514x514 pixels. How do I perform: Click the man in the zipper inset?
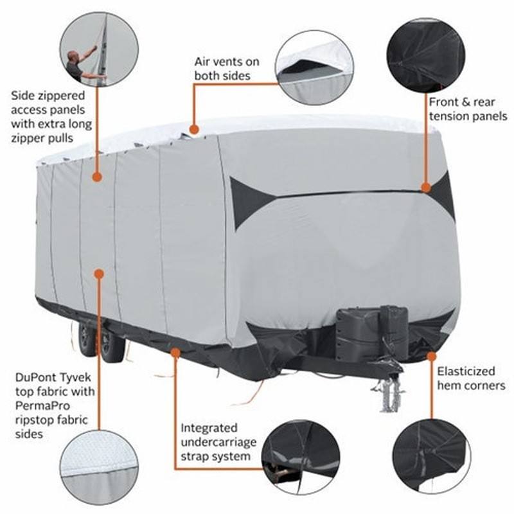pos(76,64)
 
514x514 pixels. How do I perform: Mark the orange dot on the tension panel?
pos(425,187)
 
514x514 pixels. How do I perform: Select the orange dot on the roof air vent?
pos(194,129)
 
